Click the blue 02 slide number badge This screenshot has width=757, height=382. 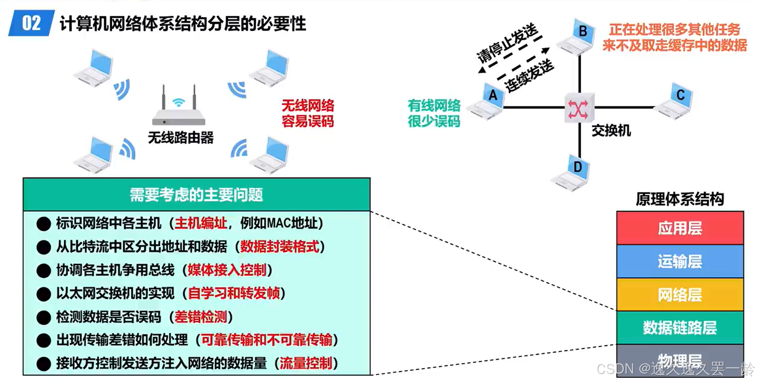(31, 23)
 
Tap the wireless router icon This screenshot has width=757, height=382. (179, 107)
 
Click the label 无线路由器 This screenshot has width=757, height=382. (181, 138)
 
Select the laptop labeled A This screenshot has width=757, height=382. (487, 102)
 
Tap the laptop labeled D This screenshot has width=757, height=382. (572, 173)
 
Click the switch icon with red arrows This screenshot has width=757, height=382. (578, 109)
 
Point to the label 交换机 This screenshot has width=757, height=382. (611, 131)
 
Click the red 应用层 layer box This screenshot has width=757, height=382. (680, 228)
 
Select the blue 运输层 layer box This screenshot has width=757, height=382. (680, 261)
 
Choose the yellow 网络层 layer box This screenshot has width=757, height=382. (680, 294)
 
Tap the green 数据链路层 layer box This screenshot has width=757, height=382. (680, 327)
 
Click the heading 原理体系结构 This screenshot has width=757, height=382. (680, 199)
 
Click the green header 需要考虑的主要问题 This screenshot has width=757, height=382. (196, 195)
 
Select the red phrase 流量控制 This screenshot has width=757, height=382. (306, 363)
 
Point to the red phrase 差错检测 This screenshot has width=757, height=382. (201, 317)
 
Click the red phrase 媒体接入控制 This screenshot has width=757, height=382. (227, 270)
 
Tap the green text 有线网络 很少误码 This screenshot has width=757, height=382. (434, 113)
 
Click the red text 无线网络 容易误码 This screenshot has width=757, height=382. (308, 113)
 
